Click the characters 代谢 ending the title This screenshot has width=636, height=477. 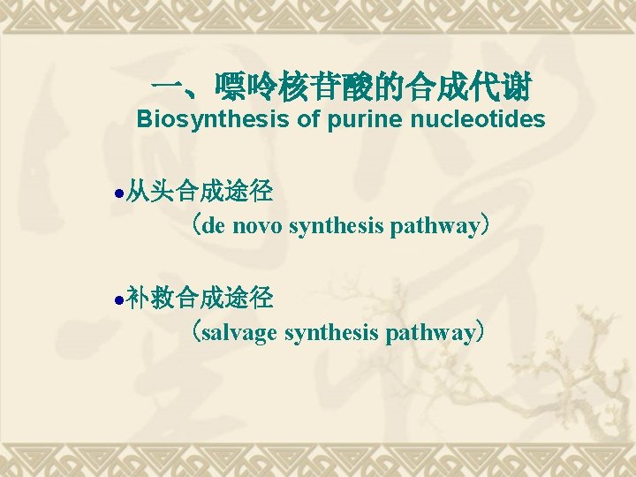(501, 88)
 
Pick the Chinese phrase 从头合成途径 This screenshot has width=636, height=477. (199, 190)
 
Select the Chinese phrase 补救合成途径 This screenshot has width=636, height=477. (199, 298)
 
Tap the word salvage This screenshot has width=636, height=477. (239, 333)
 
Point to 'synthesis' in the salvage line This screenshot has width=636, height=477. (329, 333)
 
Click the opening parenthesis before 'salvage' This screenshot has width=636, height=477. (195, 333)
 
